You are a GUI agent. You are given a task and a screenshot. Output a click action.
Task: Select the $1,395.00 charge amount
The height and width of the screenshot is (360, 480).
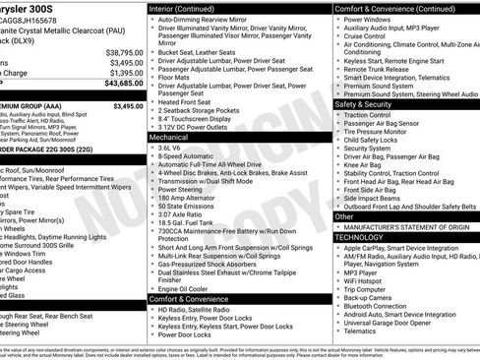tap(122, 73)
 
